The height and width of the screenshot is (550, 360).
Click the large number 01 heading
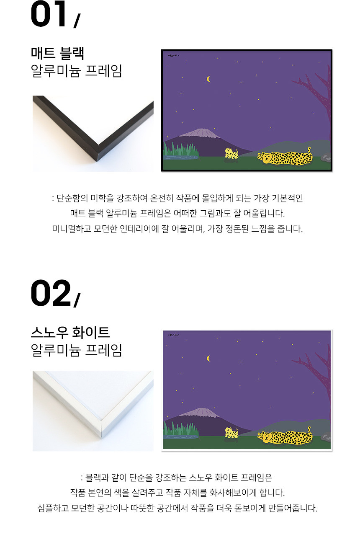coord(48,14)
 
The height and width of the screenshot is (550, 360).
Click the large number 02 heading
coord(51,293)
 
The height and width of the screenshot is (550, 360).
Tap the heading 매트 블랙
coord(57,53)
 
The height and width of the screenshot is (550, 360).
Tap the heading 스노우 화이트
coord(70,333)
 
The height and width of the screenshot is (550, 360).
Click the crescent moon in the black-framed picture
coord(208,79)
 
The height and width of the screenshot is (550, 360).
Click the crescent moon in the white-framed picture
coord(208,359)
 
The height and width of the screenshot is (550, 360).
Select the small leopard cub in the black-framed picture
coord(231,153)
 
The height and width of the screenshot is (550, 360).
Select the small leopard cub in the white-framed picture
coord(231,433)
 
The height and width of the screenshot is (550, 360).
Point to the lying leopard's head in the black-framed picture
coord(265,157)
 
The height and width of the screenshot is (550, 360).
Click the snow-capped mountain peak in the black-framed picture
coord(201,133)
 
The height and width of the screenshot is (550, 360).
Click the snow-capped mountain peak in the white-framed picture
coord(201,412)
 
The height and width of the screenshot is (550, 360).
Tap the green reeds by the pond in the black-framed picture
coord(181,149)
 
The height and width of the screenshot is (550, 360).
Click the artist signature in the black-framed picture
coord(174,55)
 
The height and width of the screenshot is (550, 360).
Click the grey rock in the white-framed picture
coord(326,436)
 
